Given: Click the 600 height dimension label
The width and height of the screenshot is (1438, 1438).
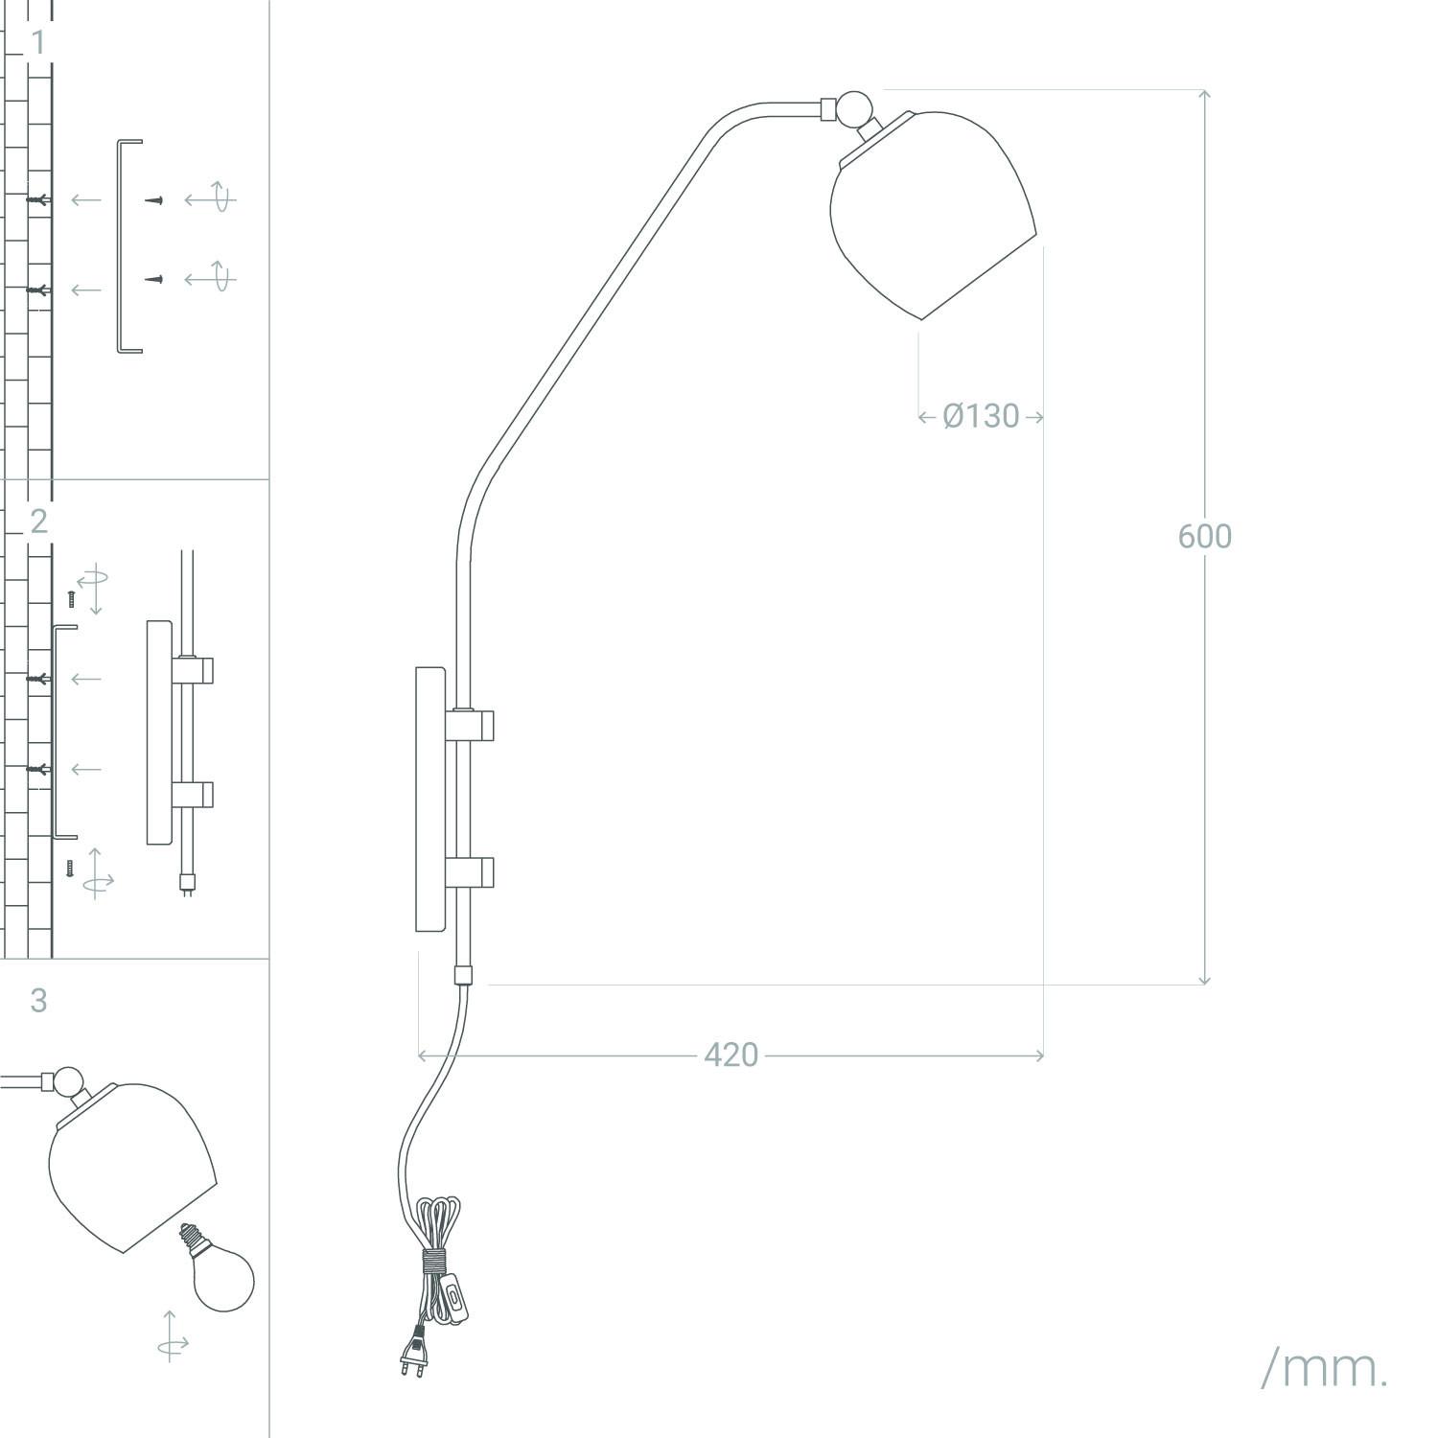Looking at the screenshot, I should pos(1204,536).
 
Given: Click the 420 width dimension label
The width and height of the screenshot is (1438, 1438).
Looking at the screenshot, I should pos(731,1055).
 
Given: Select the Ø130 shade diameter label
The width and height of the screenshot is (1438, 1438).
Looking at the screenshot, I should pos(981,416).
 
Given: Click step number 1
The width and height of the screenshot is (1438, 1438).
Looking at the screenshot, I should pos(38,42).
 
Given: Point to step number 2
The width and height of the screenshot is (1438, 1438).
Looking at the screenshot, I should pos(38,521).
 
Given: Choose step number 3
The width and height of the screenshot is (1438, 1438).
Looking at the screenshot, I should pos(38,1000).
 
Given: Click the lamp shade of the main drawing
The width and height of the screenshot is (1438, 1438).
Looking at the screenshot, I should pos(930,216).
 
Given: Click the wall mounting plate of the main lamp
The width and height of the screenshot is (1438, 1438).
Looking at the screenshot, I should pos(429,800).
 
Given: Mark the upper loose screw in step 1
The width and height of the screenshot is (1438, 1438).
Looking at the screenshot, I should pos(154,199).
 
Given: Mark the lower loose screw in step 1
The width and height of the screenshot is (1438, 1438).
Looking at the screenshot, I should pos(154,279).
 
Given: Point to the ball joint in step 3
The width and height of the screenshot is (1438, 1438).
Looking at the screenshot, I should pos(68,1081).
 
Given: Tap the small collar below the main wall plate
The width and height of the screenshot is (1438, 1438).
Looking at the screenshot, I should pos(463,976).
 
